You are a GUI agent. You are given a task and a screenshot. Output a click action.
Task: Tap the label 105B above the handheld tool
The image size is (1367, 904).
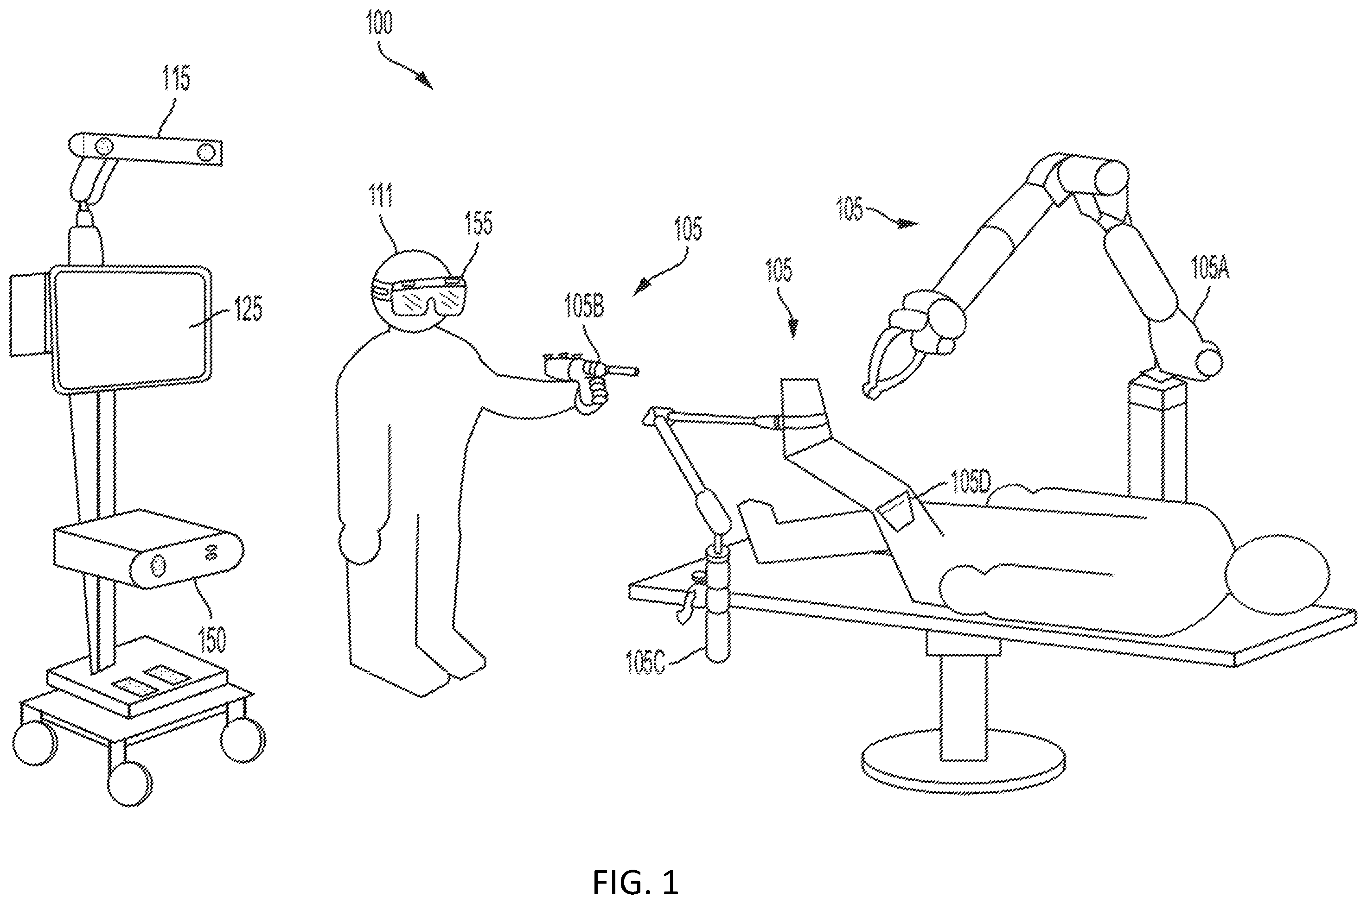584,305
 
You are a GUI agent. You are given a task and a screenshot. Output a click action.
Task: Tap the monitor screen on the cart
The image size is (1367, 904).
130,328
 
